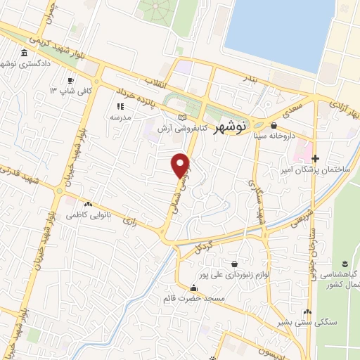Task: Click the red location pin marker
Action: click(181, 165)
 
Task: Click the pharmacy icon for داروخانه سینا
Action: click(274, 126)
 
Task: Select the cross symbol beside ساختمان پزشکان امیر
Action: click(316, 159)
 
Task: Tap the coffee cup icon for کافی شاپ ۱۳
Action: click(70, 80)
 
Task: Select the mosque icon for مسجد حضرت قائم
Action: click(193, 288)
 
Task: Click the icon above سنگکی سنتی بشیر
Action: click(307, 313)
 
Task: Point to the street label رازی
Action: click(129, 220)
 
